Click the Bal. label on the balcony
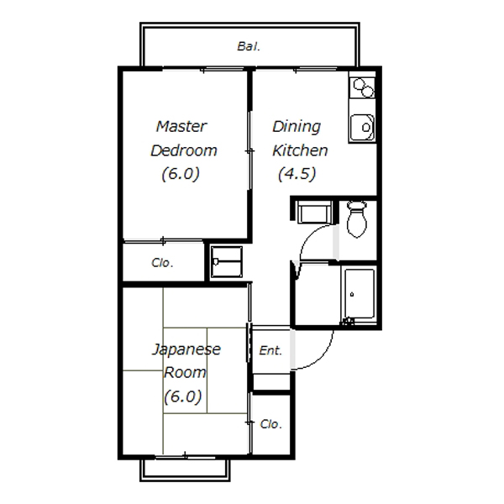click(249, 46)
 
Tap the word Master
click(181, 126)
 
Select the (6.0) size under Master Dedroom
click(181, 174)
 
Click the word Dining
click(297, 127)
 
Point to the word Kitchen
click(300, 150)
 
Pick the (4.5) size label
click(297, 174)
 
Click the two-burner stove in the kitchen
click(363, 87)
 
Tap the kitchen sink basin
click(362, 128)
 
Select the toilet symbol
click(357, 219)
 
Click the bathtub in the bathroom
click(360, 294)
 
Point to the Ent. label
click(270, 350)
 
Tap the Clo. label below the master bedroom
click(162, 263)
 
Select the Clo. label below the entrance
click(271, 424)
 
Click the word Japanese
click(186, 349)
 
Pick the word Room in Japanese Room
click(185, 373)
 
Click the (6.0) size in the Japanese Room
click(183, 396)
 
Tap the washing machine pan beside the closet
click(227, 261)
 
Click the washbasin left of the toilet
click(315, 212)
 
